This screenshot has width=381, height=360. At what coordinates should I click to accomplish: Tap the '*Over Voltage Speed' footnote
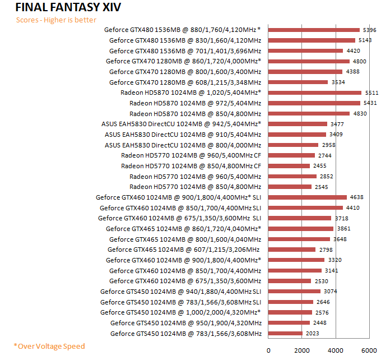[x=49, y=346]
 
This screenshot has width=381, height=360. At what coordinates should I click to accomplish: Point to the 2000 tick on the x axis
[x=302, y=350]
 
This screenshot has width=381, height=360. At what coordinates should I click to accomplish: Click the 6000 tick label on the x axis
[x=369, y=350]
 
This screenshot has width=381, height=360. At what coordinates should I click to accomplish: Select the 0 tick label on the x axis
[x=268, y=350]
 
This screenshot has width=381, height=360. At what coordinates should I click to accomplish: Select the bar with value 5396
[x=314, y=30]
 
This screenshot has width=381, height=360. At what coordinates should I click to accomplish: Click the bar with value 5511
[x=315, y=93]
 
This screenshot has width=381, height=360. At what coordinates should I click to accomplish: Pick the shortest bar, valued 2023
[x=285, y=334]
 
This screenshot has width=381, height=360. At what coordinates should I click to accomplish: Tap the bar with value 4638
[x=308, y=197]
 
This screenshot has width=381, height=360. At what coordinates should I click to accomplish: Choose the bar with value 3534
[x=298, y=82]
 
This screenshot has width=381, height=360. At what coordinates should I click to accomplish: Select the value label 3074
[x=331, y=292]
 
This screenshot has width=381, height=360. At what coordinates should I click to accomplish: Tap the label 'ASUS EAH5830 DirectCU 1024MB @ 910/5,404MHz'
[x=183, y=135]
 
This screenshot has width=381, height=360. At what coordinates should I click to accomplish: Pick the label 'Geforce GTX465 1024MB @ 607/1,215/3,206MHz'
[x=184, y=250]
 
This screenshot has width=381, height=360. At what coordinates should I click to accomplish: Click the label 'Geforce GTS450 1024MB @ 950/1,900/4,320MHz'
[x=185, y=323]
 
